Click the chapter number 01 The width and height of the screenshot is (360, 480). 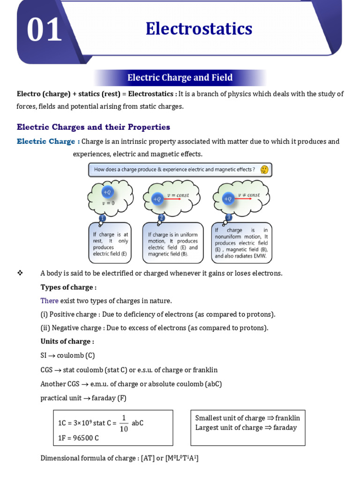tap(44, 30)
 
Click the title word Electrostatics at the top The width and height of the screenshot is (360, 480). tap(199, 29)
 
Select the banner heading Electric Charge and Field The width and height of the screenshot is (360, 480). tap(180, 78)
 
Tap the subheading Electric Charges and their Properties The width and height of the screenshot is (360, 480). tap(93, 127)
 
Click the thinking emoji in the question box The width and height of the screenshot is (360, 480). tap(264, 170)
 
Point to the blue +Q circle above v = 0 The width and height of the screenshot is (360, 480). tap(107, 192)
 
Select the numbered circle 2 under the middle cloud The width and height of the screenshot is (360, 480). tap(162, 218)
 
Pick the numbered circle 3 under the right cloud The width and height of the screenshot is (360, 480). tap(229, 217)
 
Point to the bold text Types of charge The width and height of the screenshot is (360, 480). tap(68, 287)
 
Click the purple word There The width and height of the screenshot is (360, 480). tap(50, 300)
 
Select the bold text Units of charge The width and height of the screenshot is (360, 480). tap(67, 341)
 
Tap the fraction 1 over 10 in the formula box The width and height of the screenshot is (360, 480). tap(124, 423)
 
